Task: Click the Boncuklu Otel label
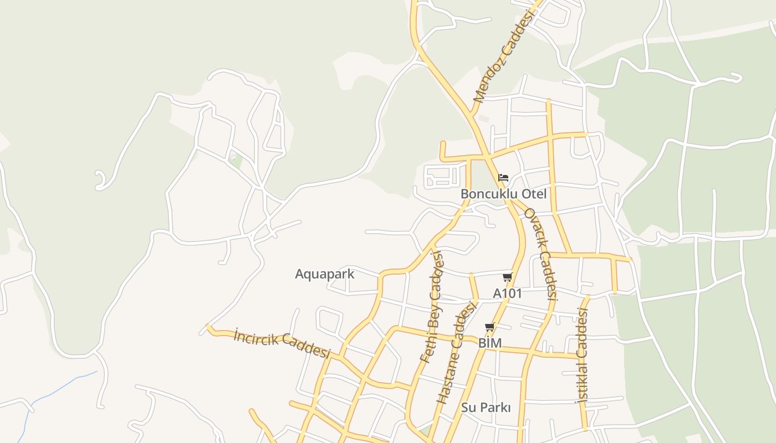pos(503,194)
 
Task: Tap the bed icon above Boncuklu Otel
pos(503,178)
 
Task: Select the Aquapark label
pos(324,274)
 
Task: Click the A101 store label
pos(508,293)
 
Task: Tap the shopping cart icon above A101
pos(507,277)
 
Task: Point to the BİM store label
pos(490,343)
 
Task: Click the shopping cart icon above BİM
pos(489,327)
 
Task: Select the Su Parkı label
pos(486,408)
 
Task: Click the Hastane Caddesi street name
pos(457,352)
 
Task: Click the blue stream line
pos(55,388)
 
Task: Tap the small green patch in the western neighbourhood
pos(236,161)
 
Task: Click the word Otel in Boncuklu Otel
pos(534,194)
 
